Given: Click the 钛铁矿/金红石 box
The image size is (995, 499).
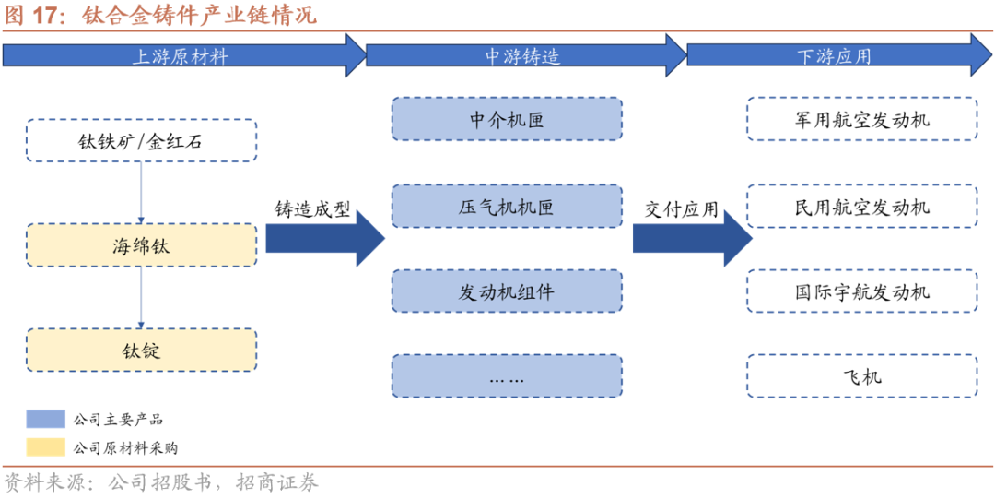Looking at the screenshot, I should tap(140, 141).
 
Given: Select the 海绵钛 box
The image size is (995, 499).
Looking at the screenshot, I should tap(140, 246).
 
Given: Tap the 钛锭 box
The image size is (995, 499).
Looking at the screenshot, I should tap(140, 350).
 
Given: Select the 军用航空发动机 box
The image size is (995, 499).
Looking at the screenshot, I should tap(861, 120).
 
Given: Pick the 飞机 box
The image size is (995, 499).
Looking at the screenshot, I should tap(861, 376).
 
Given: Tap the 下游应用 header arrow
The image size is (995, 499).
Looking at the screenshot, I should tap(834, 56).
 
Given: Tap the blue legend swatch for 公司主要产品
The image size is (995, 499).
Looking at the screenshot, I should tap(46, 420).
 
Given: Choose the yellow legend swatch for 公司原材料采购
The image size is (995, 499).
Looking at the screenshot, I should tap(46, 448).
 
